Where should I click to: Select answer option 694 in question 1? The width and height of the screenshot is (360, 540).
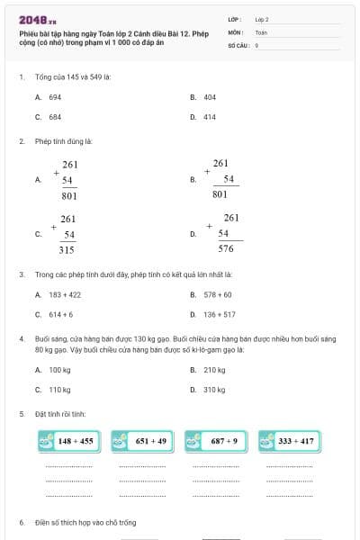click(55, 96)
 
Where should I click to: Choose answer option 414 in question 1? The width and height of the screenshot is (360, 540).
click(210, 117)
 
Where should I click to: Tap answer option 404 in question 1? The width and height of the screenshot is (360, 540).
click(210, 96)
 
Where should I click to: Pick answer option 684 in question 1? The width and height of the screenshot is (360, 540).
click(55, 117)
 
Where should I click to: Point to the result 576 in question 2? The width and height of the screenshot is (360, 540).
click(226, 248)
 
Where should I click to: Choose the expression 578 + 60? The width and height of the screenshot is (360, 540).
click(218, 294)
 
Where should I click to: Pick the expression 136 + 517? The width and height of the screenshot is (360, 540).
click(220, 315)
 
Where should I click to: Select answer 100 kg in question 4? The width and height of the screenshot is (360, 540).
click(59, 370)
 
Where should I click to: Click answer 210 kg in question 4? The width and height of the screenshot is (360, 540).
click(214, 370)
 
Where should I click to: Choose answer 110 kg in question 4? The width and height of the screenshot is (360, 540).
click(59, 390)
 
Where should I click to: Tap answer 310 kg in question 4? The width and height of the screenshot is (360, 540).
click(214, 390)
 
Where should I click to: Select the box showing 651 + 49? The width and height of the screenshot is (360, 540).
click(142, 441)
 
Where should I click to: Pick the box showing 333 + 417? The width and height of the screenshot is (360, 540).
click(289, 441)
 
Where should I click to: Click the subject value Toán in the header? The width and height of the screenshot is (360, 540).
click(261, 31)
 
